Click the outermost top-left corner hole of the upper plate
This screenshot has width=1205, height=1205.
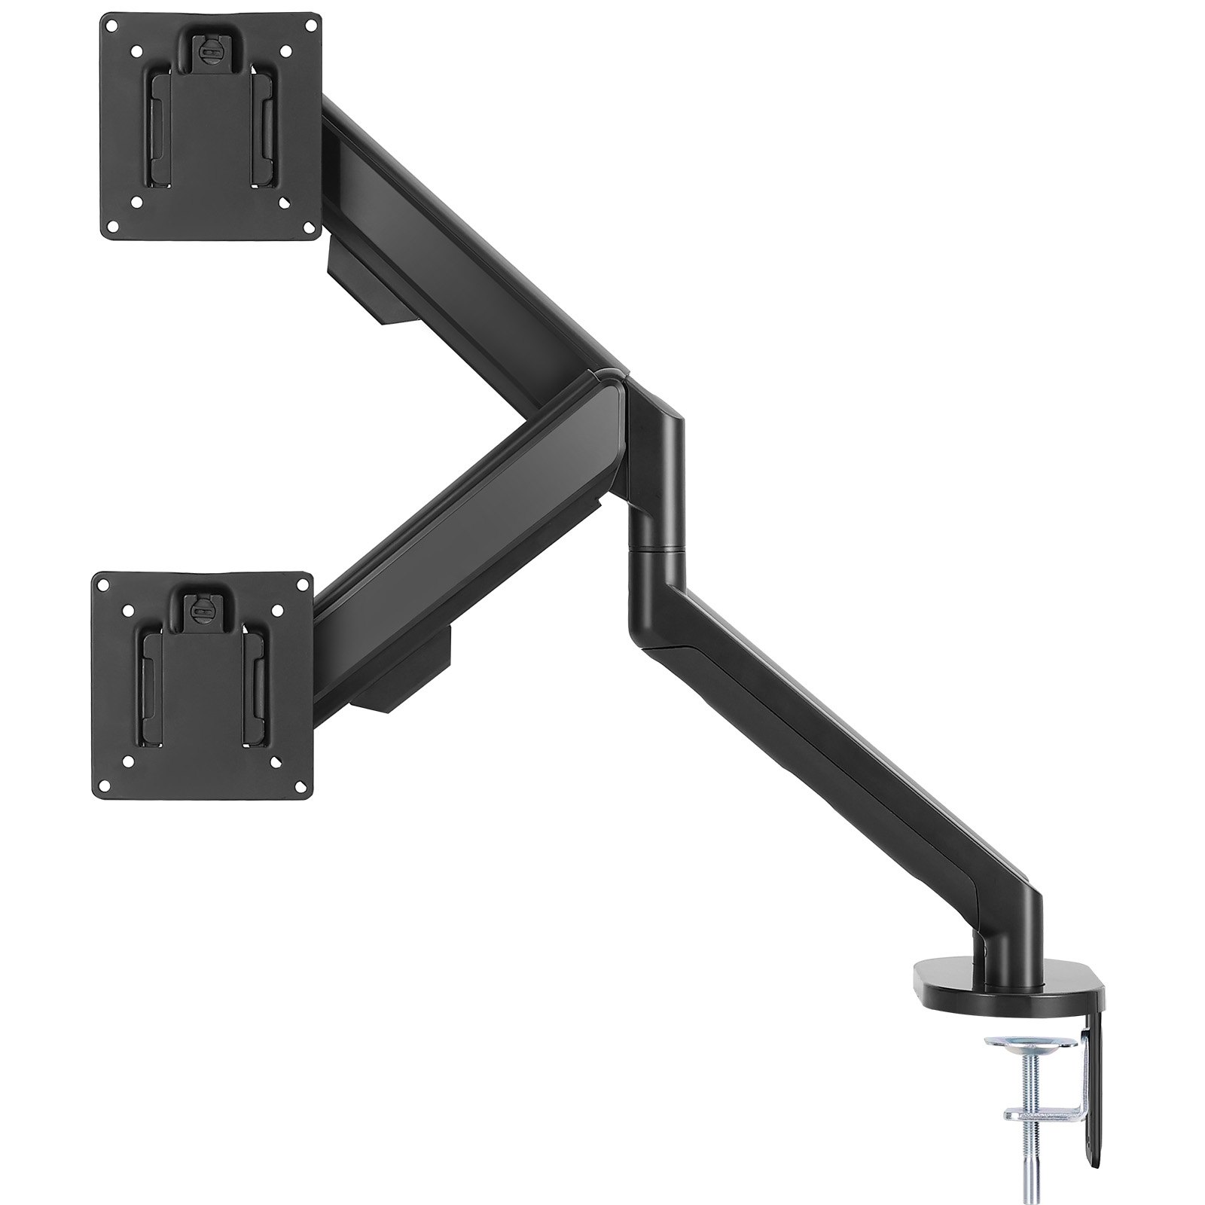tap(111, 25)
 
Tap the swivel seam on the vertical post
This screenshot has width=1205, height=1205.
tap(654, 550)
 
